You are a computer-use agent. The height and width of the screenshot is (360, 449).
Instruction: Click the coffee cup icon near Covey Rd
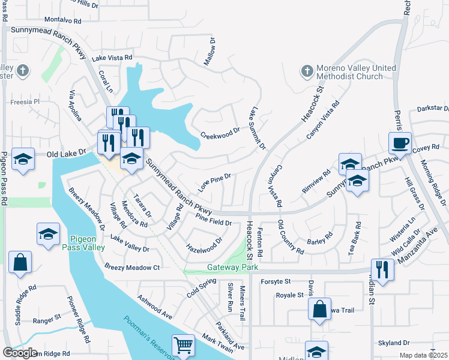[x=400, y=143]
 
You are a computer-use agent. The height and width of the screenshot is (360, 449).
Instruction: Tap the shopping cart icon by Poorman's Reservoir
[x=183, y=345]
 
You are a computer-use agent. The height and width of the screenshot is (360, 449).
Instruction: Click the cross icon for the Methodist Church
[x=306, y=72]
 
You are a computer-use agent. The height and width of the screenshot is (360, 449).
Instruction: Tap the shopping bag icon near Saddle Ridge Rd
[x=20, y=262]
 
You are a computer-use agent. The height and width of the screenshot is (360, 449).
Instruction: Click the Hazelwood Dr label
[x=205, y=244]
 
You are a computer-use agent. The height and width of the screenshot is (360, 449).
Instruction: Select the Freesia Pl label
[x=28, y=102]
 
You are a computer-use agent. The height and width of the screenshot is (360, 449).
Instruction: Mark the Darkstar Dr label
[x=433, y=109]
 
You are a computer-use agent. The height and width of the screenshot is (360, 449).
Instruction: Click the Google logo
[x=20, y=353]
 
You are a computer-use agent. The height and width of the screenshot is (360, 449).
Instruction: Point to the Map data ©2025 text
[x=423, y=355]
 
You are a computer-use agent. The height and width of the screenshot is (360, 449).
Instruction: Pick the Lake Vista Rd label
[x=112, y=58]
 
